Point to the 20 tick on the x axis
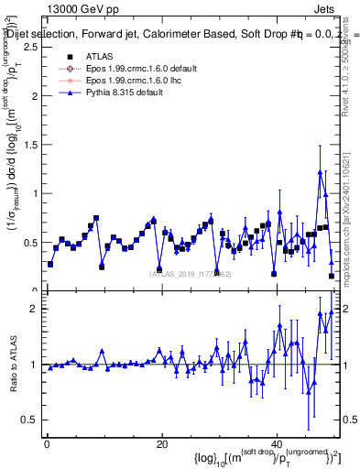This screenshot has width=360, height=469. click(x=161, y=444)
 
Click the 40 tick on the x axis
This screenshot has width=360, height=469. click(x=277, y=444)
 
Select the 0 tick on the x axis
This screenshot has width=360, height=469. click(x=47, y=444)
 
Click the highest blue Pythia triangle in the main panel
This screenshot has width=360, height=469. click(x=320, y=171)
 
